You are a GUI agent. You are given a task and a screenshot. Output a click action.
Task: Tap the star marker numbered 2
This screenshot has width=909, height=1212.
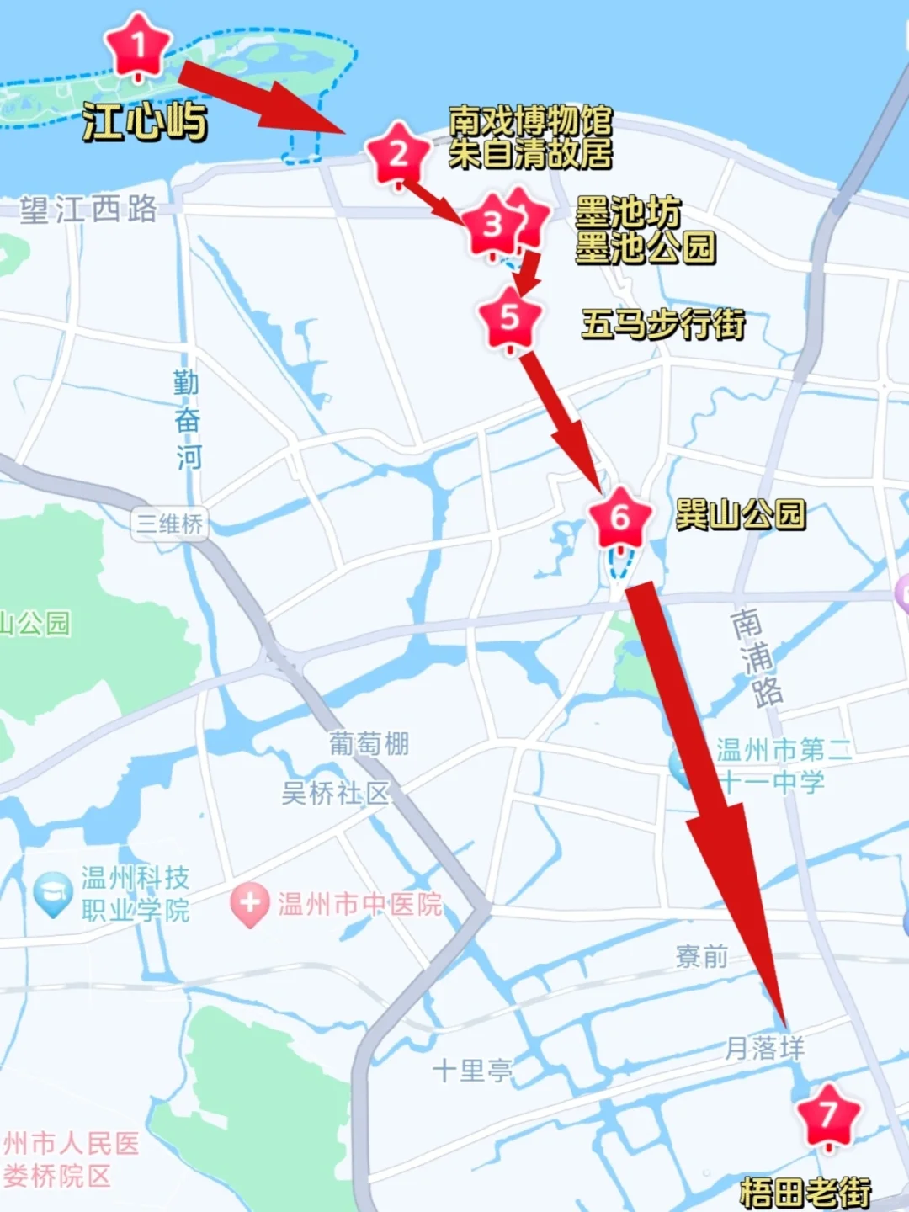coord(398,154)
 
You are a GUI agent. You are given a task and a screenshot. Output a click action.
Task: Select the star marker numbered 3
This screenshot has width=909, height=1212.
coord(492,224)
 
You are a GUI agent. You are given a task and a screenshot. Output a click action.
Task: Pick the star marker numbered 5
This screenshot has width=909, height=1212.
coord(509,318)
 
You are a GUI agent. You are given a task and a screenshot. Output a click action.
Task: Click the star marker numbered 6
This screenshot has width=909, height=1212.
coord(620,518)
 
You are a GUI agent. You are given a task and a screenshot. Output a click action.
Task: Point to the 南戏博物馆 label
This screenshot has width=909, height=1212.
coord(530,121)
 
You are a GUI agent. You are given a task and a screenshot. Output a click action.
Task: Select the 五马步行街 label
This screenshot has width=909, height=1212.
coord(663,324)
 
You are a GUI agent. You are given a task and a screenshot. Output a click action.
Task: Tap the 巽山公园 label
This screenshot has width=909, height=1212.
coord(741,514)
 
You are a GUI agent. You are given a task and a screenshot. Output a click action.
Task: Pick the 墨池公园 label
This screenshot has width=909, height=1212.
coord(646,247)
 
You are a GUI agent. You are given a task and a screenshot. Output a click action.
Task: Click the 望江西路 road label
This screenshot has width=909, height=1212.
coord(89,210)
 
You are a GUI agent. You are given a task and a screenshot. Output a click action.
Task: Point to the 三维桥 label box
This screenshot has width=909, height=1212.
coord(169,524)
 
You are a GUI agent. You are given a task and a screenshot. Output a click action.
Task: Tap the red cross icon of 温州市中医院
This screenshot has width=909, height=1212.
coord(250,904)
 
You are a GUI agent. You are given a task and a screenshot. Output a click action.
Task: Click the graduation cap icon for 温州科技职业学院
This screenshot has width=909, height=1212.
coord(52,894)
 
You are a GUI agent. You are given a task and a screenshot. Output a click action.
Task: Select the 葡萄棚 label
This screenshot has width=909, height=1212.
coord(369,744)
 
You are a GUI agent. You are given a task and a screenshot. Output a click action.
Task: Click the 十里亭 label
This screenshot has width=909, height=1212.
coord(472,1071)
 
